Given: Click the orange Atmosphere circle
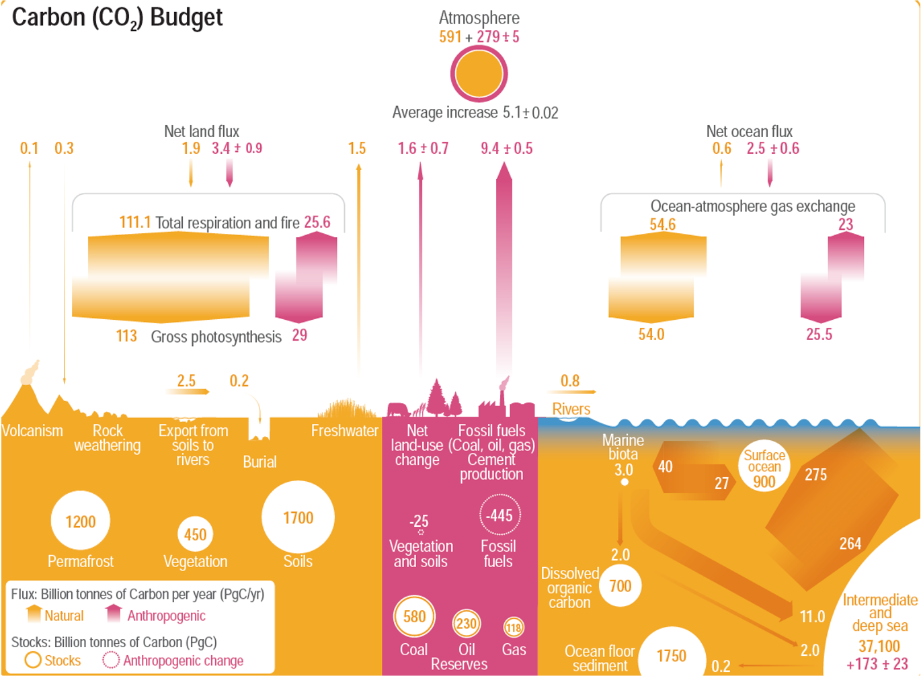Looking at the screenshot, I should [x=479, y=74].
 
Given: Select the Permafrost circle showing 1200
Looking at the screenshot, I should [x=80, y=521].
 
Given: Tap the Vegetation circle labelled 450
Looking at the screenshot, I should [x=195, y=534].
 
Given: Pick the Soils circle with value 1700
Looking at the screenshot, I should [x=298, y=517].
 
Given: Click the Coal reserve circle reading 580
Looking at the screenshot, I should [x=414, y=616].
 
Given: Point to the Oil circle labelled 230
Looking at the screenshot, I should [x=466, y=624].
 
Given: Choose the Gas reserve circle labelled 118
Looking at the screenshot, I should [x=514, y=628].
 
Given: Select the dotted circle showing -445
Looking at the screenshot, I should [x=499, y=515].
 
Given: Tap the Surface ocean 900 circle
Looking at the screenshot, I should [x=764, y=467].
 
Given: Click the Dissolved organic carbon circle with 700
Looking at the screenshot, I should [x=620, y=586].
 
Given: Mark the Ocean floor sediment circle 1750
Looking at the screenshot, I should [x=671, y=656].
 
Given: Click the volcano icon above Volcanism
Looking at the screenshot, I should [x=28, y=376].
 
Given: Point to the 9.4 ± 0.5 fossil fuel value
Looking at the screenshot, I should [x=506, y=149].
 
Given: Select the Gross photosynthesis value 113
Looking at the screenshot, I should [x=126, y=336].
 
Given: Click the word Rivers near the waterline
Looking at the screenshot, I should [x=571, y=409].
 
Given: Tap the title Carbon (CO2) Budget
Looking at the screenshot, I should [x=117, y=18].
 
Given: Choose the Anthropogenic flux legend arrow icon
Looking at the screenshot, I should [x=114, y=614].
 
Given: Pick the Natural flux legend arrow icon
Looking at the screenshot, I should [x=33, y=614].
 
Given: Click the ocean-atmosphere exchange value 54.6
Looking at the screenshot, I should [x=662, y=224].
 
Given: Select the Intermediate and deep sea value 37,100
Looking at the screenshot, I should [x=879, y=646].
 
